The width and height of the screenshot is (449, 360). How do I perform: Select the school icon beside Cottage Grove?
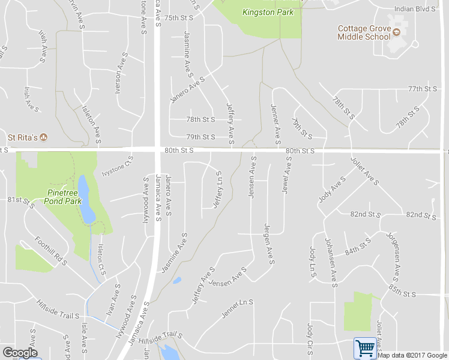coord(396,29)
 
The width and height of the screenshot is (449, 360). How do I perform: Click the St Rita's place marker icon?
coord(44,137)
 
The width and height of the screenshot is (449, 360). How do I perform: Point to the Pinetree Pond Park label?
coord(62,197)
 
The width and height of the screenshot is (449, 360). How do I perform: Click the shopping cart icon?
coord(364,347)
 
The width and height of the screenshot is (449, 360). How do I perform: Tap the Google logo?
coord(19,353)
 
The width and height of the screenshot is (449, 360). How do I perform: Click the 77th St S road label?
coord(423,89)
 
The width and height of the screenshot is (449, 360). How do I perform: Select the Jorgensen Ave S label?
coord(395,256)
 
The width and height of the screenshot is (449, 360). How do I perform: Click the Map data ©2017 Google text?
coord(412,355)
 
